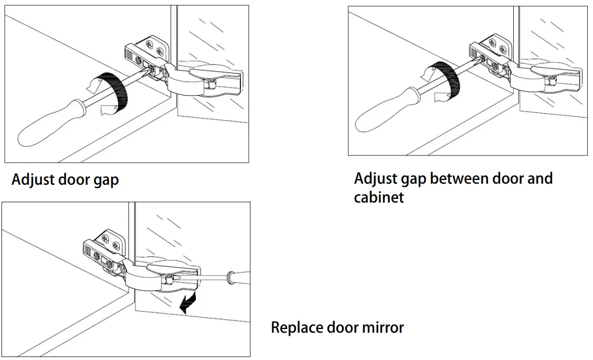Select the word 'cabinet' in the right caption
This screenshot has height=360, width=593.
[379, 197]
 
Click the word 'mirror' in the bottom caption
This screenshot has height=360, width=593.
[383, 328]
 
